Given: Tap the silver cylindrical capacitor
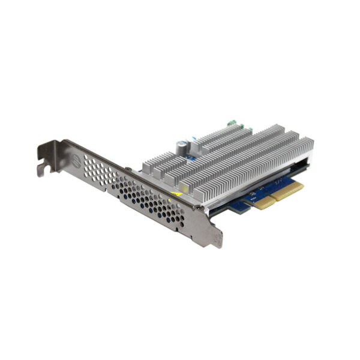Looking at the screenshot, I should tap(179, 148).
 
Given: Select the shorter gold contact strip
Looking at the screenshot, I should tap(262, 202).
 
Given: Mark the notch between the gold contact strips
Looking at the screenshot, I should tap(272, 199).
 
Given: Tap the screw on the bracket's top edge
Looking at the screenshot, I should tap(128, 170).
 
